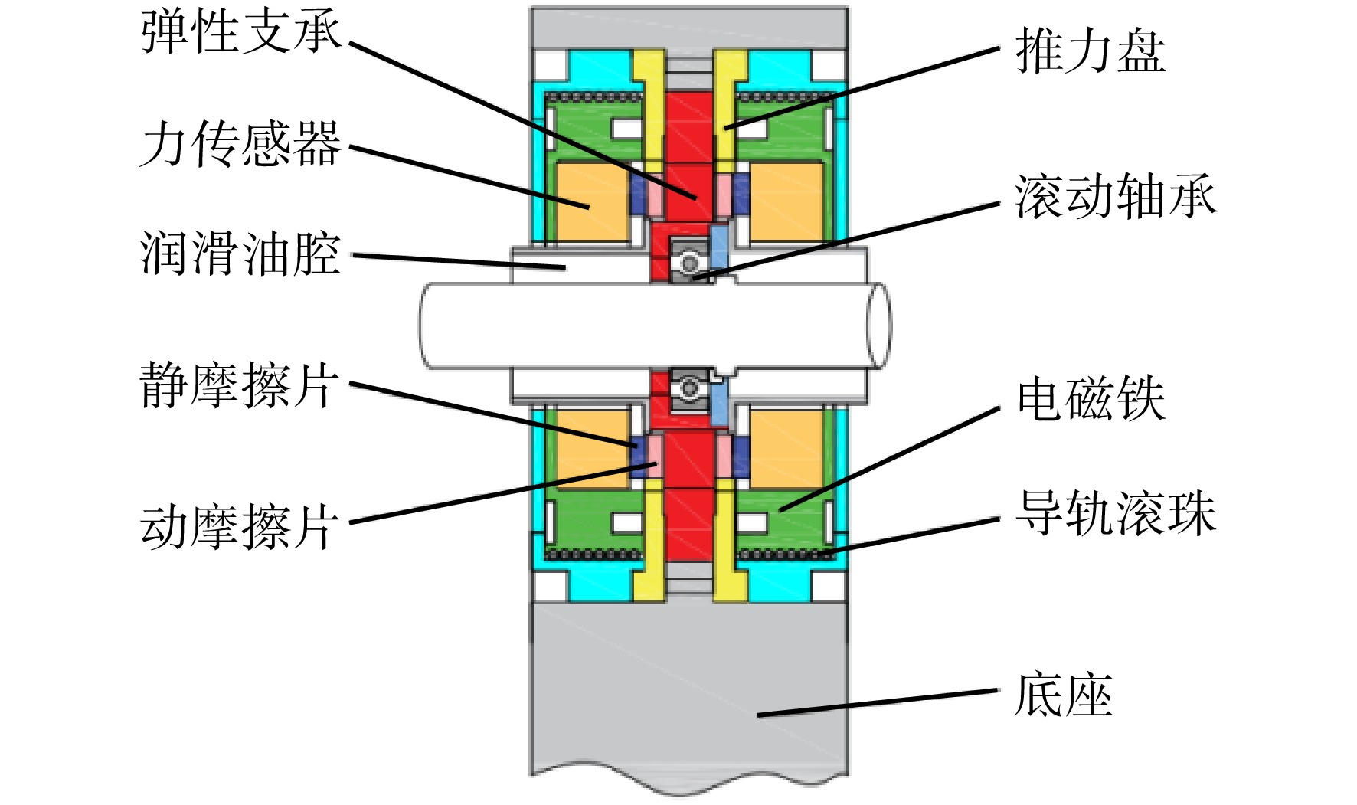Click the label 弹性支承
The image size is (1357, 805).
(241, 34)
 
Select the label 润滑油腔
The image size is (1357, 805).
(240, 254)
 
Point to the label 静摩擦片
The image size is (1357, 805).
(240, 385)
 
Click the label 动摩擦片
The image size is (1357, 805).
(240, 526)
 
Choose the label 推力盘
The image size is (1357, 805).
(1091, 51)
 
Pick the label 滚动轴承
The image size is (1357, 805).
(1116, 197)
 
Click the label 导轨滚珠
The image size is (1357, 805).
(1116, 513)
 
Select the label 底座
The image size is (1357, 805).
(1064, 695)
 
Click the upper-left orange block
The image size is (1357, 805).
(592, 203)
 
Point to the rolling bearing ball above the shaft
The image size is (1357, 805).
(689, 263)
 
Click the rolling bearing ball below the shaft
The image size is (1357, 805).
(689, 388)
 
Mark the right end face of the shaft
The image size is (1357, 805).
(879, 325)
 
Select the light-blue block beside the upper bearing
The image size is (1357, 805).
(719, 244)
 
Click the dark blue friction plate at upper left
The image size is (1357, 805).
(638, 195)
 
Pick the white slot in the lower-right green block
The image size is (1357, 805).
(751, 523)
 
